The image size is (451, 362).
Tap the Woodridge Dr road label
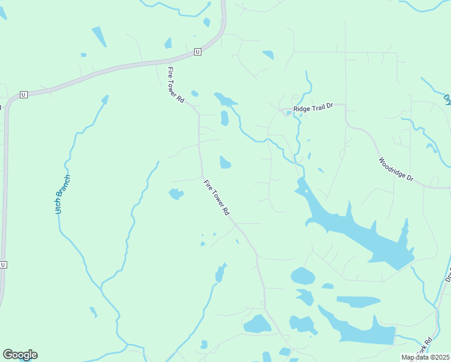point(396,170)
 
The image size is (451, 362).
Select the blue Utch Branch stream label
point(63,195)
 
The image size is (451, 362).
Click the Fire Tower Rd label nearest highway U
point(175,84)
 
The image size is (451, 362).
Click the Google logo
point(20,355)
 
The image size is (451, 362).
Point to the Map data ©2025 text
point(426,357)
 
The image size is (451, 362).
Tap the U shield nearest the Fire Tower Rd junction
point(197,53)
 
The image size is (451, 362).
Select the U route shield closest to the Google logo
point(3,265)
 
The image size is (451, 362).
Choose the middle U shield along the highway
point(24,95)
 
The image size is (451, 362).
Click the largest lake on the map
point(356,226)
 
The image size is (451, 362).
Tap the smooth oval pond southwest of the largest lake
point(303,276)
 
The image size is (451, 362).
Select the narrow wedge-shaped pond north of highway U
point(99,37)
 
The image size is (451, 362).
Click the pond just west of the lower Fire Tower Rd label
point(175,194)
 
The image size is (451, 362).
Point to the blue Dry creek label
point(447,99)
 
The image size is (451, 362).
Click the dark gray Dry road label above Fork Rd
point(448,275)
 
